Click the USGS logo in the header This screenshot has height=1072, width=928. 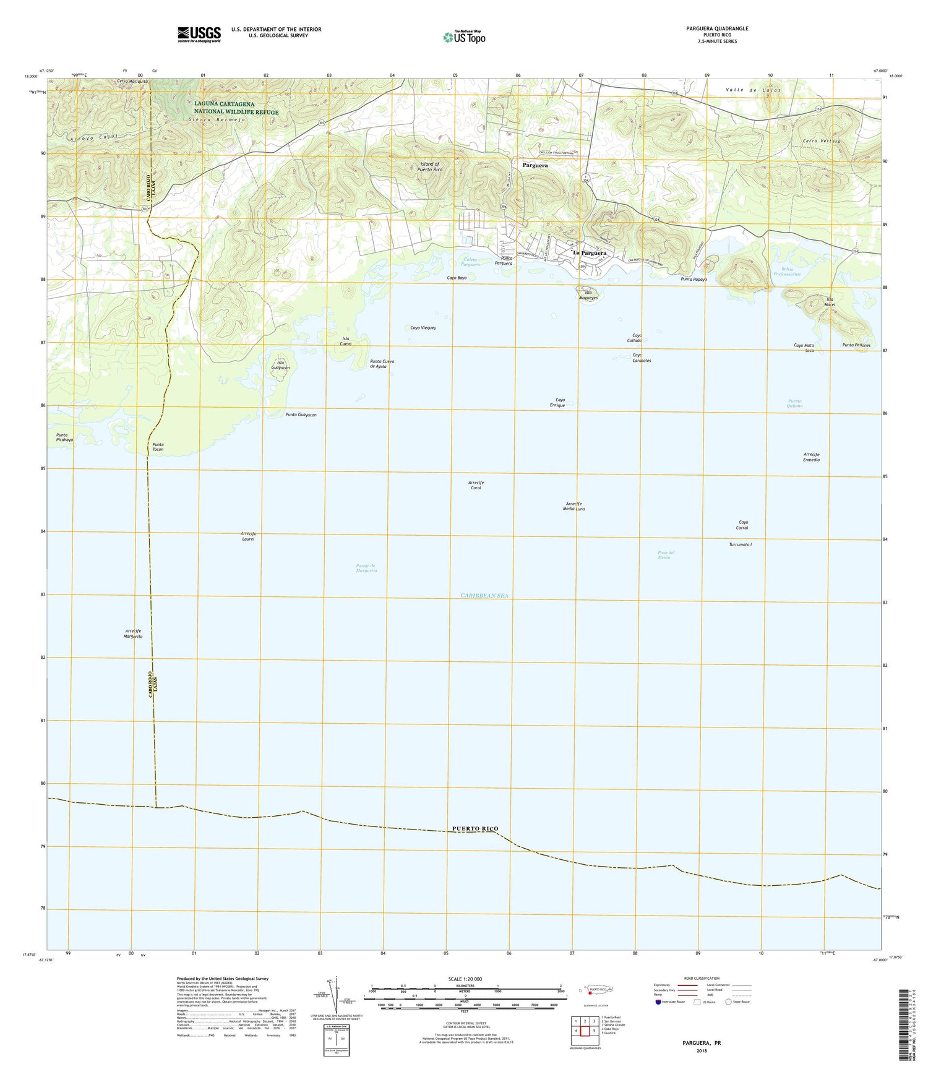[199, 33]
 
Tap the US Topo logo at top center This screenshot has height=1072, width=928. [464, 37]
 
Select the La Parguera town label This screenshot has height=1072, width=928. [589, 253]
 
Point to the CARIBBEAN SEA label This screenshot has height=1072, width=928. [484, 595]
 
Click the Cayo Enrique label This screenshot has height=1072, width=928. [560, 402]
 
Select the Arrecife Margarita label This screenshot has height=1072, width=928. [134, 633]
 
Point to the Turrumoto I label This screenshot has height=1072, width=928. [741, 544]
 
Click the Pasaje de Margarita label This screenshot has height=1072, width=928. [366, 568]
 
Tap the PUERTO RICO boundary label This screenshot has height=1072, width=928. [475, 828]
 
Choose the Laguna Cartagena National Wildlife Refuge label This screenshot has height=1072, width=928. [236, 108]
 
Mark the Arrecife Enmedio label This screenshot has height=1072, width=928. [811, 457]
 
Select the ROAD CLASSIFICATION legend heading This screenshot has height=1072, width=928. [702, 979]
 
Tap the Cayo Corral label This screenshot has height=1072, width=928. [742, 525]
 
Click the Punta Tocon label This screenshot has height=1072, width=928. [158, 447]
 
